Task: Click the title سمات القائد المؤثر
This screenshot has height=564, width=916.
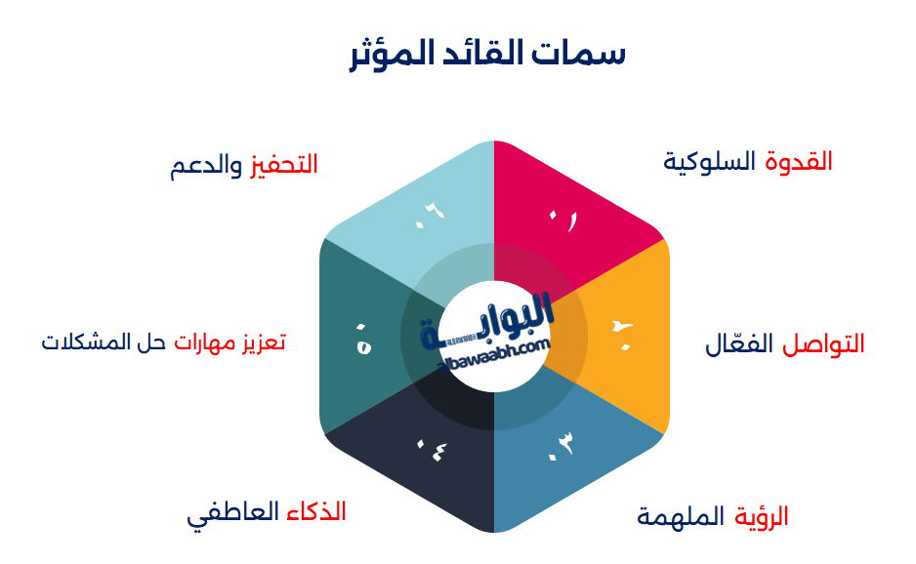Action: point(487,53)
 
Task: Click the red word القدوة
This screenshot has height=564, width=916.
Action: point(800,161)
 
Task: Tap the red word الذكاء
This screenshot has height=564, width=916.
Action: point(316,511)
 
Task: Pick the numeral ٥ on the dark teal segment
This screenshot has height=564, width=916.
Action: point(363,342)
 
